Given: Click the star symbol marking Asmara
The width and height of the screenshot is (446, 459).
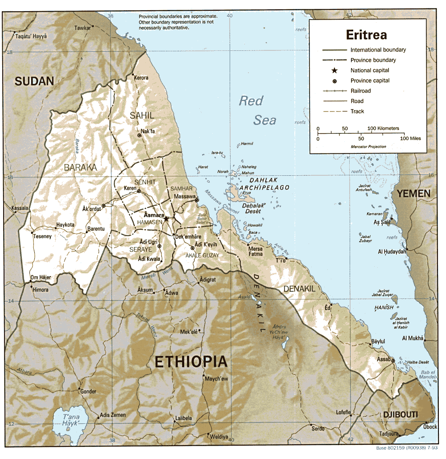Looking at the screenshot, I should click(x=166, y=219).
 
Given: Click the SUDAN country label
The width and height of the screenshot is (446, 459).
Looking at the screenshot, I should click(x=34, y=81).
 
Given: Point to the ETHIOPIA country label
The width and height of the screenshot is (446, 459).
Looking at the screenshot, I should click(x=191, y=362).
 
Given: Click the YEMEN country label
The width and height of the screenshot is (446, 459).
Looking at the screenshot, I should click(x=413, y=194).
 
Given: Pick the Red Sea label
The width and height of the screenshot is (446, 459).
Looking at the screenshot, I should click(x=258, y=110).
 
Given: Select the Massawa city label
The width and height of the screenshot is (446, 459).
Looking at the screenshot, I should click(x=185, y=196).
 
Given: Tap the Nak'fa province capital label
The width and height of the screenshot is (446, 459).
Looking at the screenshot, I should click(x=148, y=131).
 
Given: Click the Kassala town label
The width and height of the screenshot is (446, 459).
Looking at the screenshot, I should click(x=20, y=208).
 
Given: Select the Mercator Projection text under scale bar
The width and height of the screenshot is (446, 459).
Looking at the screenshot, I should click(x=362, y=146).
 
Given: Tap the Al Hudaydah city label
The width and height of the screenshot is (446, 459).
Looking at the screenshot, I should click(x=392, y=252).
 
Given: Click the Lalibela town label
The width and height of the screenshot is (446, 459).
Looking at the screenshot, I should click(x=183, y=418).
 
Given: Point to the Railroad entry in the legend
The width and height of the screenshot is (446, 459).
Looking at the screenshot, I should click(x=360, y=91).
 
